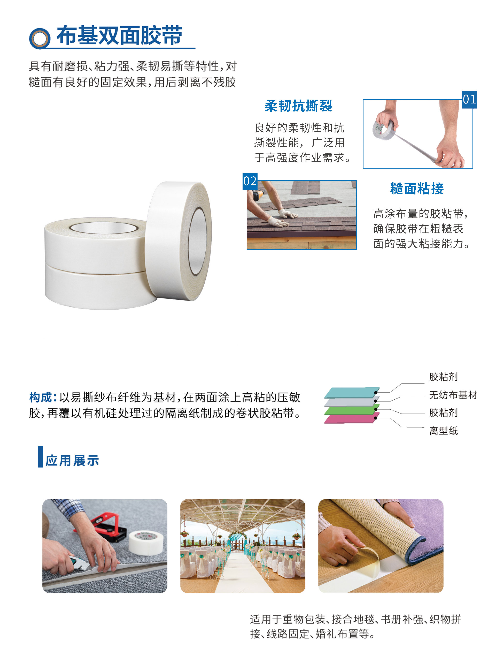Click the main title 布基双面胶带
[119, 35]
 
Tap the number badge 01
[469, 99]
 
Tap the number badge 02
[250, 181]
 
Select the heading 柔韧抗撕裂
[298, 106]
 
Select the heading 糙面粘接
[417, 189]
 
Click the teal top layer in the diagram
[352, 392]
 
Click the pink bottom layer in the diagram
[352, 418]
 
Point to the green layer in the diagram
[352, 409]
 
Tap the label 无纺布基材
[453, 395]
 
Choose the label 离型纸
[443, 431]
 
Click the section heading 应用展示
[72, 461]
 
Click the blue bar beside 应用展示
[40, 457]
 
